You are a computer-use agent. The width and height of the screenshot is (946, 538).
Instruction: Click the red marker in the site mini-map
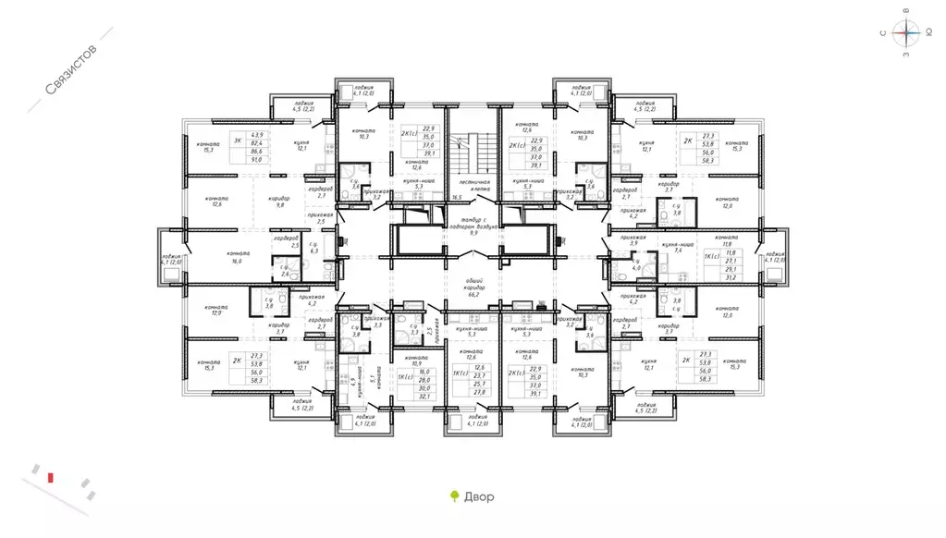(53, 477)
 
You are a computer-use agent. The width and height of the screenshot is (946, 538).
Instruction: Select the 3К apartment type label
(238, 141)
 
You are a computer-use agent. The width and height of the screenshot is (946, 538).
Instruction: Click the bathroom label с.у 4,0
(636, 265)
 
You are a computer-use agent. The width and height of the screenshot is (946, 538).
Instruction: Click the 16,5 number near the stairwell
(457, 198)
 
